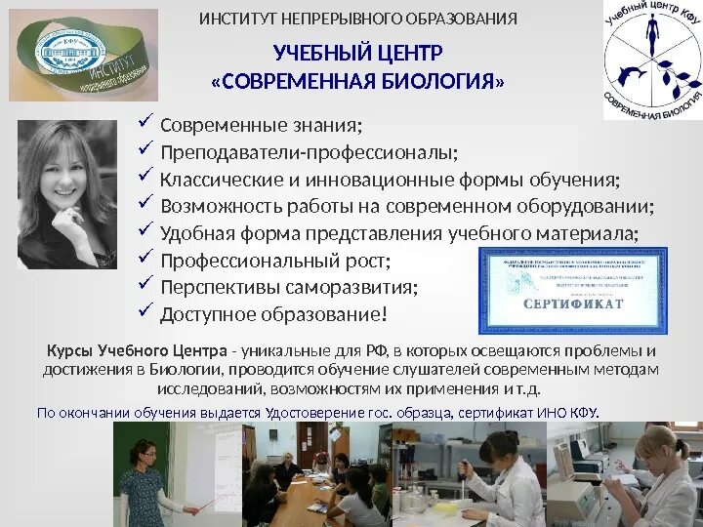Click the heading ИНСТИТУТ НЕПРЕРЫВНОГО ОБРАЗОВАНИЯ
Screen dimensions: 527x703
[x=358, y=19]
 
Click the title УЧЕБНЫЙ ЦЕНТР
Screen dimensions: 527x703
[x=357, y=52]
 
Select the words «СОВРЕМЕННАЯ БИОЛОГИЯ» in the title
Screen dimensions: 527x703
[x=357, y=80]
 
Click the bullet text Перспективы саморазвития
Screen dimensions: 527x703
[x=289, y=288]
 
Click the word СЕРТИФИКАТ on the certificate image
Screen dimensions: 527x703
[x=573, y=304]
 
